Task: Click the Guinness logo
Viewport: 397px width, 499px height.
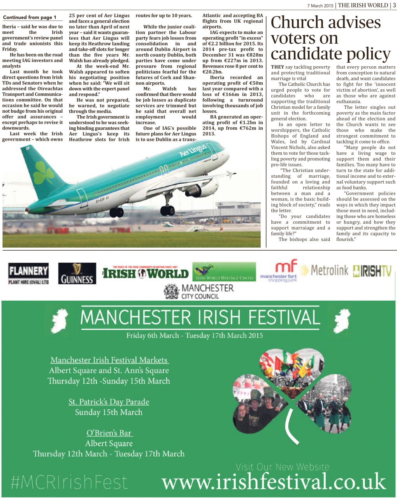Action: pos(77,273)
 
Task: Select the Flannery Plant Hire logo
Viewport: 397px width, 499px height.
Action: pos(28,273)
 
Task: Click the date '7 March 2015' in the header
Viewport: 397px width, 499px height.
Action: pos(320,5)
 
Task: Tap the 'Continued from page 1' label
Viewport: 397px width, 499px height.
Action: pos(30,18)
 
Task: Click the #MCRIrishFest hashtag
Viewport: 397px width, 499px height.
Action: pos(70,482)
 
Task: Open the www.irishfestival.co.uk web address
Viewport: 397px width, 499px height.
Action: pos(274,481)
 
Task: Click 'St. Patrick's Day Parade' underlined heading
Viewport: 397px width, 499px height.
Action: pos(109,402)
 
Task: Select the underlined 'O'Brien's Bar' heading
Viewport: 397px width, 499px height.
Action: pos(109,433)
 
